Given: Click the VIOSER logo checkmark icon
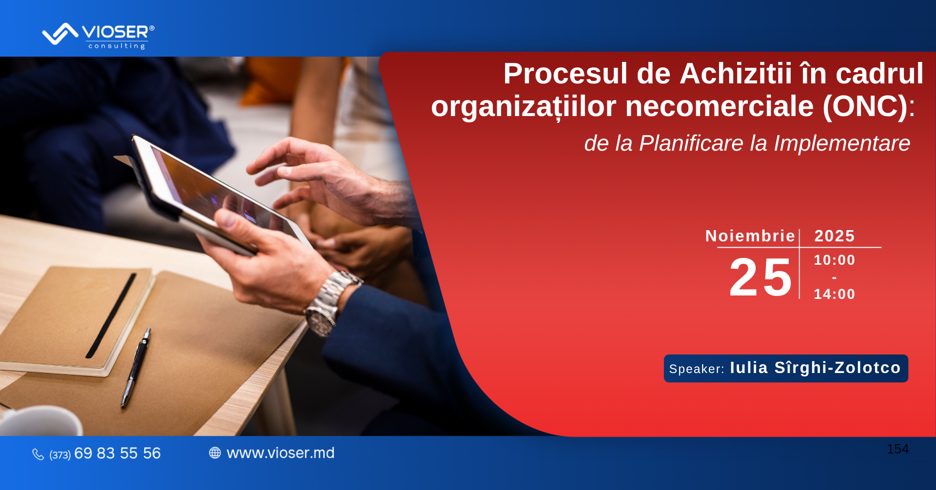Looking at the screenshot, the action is pyautogui.click(x=60, y=34).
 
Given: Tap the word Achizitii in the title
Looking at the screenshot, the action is pyautogui.click(x=736, y=74).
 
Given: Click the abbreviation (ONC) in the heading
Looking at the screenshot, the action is pyautogui.click(x=865, y=106).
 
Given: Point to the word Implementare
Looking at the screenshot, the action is pyautogui.click(x=842, y=143).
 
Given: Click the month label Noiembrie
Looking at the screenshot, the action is pyautogui.click(x=750, y=236).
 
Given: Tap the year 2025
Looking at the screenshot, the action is pyautogui.click(x=835, y=236).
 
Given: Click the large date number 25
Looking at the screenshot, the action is pyautogui.click(x=760, y=277).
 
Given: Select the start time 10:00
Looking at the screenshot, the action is pyautogui.click(x=834, y=260).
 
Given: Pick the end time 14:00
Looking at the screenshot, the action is pyautogui.click(x=834, y=294).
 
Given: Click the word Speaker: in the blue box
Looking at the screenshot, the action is pyautogui.click(x=697, y=369).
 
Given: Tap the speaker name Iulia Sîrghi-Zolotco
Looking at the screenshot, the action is pyautogui.click(x=815, y=368).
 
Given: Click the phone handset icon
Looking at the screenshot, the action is pyautogui.click(x=38, y=454).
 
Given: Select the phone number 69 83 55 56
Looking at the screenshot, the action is pyautogui.click(x=117, y=453).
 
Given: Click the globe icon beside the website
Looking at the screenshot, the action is pyautogui.click(x=215, y=453).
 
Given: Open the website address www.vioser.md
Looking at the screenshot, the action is pyautogui.click(x=281, y=453).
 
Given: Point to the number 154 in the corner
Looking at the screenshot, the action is pyautogui.click(x=898, y=449).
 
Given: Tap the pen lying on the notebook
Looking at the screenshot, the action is pyautogui.click(x=136, y=368).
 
